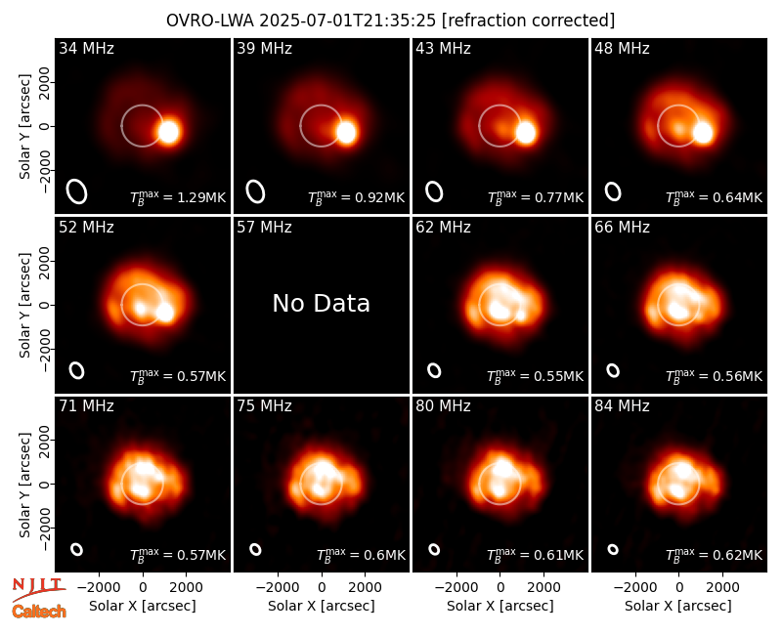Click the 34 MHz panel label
pos(86,48)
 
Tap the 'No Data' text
pos(322,303)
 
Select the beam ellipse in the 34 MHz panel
pos(77,191)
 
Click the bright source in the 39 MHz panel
pos(346,132)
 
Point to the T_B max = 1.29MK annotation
pos(178,197)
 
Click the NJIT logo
pos(39,588)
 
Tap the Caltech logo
pos(39,612)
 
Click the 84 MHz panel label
pos(622,406)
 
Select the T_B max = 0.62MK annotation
pos(715,555)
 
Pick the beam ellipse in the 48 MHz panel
pos(613,191)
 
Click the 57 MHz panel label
pos(264,228)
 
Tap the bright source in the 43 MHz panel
pos(525,133)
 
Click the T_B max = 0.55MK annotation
pos(535,376)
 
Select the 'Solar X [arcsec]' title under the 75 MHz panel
pos(322,606)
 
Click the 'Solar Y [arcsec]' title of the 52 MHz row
pos(25,305)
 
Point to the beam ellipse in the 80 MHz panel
pos(434,549)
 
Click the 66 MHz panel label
pos(622,228)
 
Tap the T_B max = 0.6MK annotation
pos(362,555)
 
